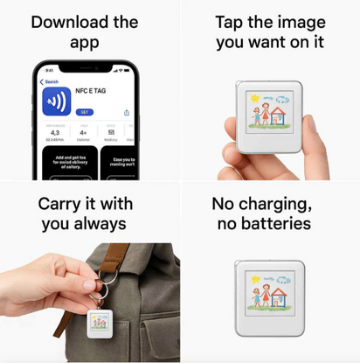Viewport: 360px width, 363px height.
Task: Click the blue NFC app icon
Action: [x=57, y=98]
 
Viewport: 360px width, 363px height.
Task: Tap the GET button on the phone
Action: [x=85, y=112]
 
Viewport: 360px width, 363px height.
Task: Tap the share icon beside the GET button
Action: [x=128, y=112]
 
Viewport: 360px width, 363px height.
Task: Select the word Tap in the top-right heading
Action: [x=229, y=22]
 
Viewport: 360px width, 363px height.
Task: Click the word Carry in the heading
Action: [x=63, y=203]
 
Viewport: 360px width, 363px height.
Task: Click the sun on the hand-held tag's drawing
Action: [x=254, y=101]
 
